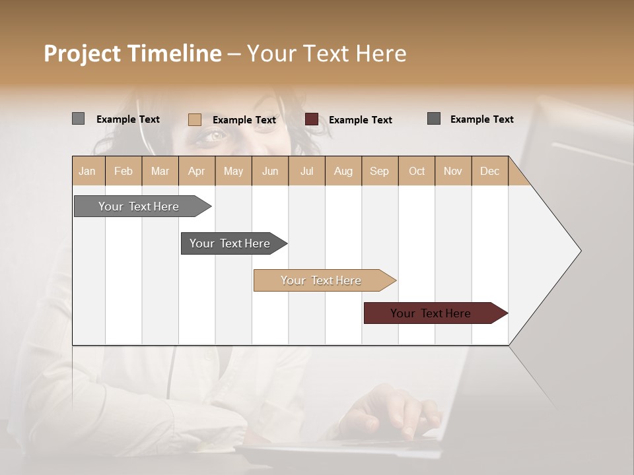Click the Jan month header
(87, 171)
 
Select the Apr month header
(197, 171)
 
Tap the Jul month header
(306, 171)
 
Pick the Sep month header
(379, 171)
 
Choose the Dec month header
(489, 171)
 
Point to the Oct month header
(417, 171)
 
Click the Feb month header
(123, 171)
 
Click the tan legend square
(194, 119)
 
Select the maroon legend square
(312, 119)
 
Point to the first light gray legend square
(78, 119)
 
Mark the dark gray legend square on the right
(434, 119)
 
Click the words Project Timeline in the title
(133, 53)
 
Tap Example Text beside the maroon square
(360, 120)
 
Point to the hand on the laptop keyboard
(390, 409)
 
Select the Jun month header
(270, 171)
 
